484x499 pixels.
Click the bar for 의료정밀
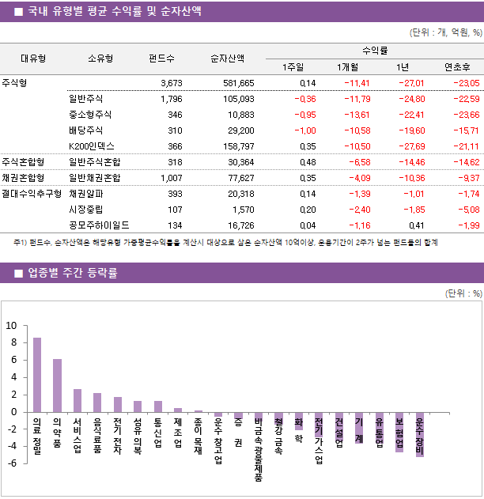37,375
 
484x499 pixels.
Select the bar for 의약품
57,385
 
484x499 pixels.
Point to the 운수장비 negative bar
419,434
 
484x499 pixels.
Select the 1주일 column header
303,66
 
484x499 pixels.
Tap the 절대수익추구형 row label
32,193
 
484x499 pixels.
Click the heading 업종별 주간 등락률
72,274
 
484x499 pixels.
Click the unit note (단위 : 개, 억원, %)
445,33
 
